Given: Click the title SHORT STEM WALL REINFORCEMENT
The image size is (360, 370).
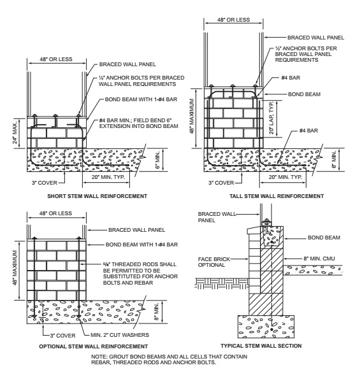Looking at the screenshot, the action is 97,196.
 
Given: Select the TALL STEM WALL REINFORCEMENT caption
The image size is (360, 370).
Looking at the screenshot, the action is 277,196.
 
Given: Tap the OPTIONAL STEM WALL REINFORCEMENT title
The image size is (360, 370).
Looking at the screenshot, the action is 94,346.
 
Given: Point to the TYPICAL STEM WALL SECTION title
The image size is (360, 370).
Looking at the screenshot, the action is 261,346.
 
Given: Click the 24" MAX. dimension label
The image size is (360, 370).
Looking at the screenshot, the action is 15,133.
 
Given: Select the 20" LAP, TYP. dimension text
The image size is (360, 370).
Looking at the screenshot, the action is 271,118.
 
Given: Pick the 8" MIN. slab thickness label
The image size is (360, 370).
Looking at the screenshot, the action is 157,311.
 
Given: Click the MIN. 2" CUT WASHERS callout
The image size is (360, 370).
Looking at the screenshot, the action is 120,335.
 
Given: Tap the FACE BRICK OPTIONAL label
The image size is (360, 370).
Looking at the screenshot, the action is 214,262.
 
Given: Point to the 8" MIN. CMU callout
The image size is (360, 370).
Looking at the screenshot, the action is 319,259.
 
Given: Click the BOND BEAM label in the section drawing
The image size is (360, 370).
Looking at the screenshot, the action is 324,238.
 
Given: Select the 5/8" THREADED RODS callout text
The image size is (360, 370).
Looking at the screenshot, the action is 140,273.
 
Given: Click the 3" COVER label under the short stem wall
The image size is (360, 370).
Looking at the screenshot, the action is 45,183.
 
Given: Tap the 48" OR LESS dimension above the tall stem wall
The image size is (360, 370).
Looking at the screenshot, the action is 233,20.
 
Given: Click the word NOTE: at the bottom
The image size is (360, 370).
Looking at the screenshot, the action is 99,357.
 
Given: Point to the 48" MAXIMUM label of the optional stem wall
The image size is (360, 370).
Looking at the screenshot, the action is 15,268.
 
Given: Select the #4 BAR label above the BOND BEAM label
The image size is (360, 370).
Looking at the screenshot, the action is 291,78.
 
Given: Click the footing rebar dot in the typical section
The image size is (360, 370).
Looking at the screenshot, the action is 271,329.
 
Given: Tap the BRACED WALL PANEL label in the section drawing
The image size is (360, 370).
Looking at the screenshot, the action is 217,217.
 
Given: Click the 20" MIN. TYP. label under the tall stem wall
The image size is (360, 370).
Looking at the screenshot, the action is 285,177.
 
